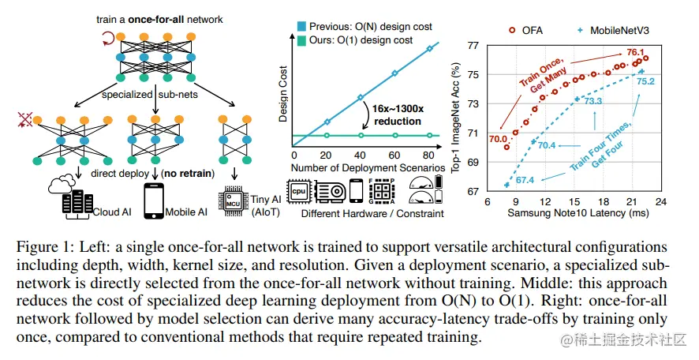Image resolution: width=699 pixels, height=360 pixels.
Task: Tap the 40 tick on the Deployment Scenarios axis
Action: click(360, 156)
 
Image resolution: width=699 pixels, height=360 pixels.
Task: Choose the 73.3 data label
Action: click(592, 100)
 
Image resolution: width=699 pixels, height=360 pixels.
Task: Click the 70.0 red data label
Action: click(499, 139)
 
